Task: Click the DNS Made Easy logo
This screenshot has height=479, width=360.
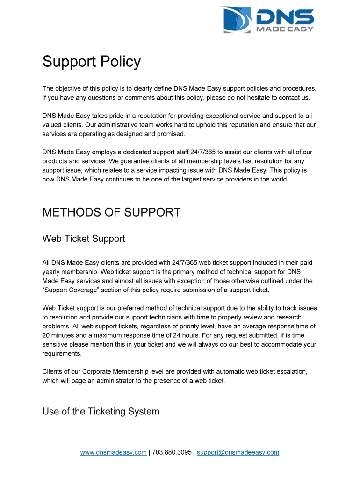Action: [265, 20]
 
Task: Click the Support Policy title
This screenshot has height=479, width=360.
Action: [91, 62]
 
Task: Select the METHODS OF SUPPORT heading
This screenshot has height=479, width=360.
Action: [111, 212]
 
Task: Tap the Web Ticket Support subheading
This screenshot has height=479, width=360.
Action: [84, 239]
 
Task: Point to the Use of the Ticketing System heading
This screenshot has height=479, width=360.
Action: [101, 412]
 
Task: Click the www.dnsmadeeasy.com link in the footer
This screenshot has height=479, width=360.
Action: [113, 452]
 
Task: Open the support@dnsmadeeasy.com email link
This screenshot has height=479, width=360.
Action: [238, 452]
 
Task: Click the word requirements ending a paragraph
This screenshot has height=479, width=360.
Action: [62, 354]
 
